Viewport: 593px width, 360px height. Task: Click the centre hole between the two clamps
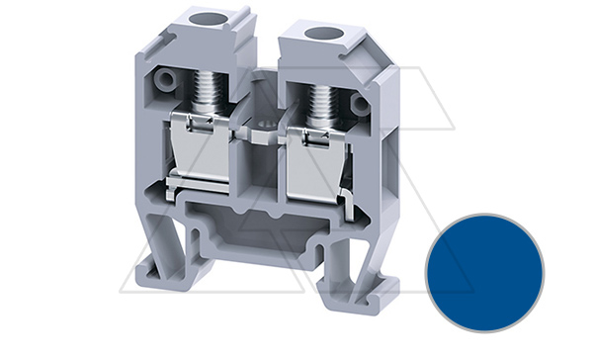[x=260, y=127]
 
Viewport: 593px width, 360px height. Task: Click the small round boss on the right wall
[x=361, y=101]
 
